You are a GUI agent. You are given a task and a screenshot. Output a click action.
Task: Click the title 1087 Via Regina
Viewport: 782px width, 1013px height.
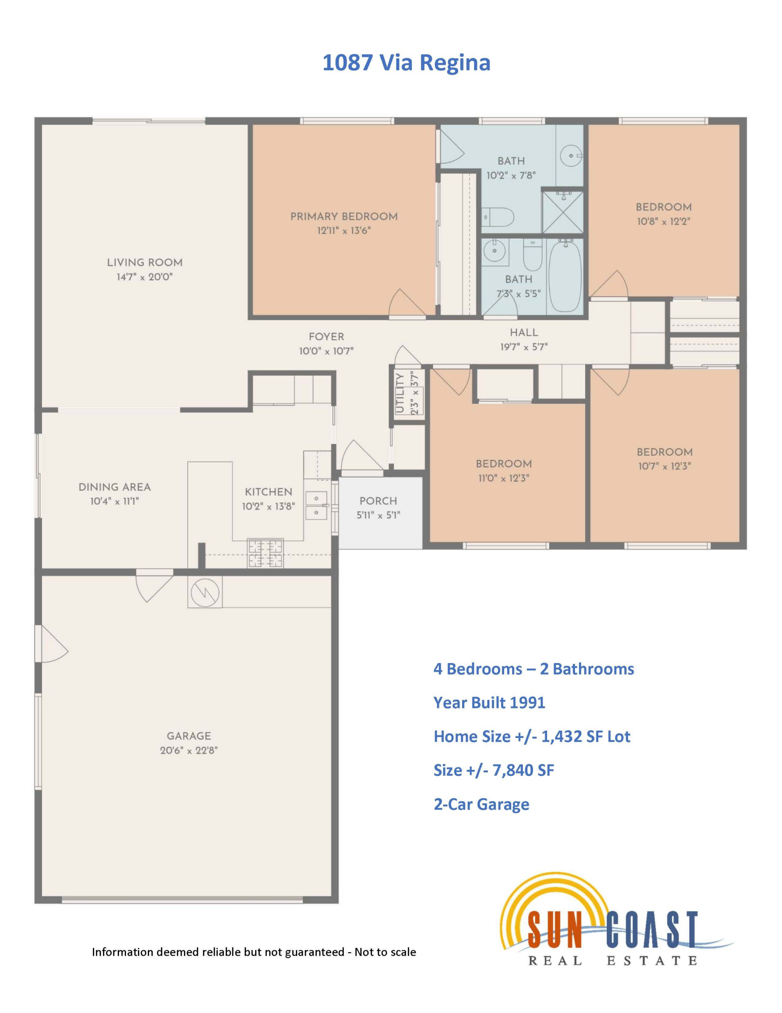coord(406,63)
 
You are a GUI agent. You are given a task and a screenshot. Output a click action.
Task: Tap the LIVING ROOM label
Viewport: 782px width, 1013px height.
coord(145,262)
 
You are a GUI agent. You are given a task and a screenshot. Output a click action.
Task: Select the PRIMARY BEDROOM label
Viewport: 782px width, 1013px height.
coord(344,216)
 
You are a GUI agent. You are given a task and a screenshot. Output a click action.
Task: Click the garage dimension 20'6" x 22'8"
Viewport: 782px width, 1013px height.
coord(189,750)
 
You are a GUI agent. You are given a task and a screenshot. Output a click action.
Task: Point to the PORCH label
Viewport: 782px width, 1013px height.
coord(378,501)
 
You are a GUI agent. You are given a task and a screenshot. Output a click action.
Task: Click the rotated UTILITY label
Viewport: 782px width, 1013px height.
coord(400,393)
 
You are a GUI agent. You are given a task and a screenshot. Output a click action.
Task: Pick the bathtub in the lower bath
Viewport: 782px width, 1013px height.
coord(565,276)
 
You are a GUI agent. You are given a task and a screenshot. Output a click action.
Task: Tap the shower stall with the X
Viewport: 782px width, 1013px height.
coord(563,212)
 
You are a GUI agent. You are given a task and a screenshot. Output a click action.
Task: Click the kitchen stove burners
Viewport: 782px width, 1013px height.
coord(265,553)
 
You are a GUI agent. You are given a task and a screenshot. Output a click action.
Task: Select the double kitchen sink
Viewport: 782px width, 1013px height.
coord(316,505)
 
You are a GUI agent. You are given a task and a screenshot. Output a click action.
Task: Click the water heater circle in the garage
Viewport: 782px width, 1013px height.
coord(205,592)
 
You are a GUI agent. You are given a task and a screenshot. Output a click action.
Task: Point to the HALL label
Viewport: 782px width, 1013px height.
coord(524,333)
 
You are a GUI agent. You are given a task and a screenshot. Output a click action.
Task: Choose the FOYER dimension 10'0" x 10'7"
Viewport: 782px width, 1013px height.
coord(326,351)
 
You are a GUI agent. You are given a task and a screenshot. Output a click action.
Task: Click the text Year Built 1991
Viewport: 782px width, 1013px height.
coord(489,703)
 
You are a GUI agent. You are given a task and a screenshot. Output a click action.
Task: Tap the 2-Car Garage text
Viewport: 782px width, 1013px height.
coord(481,804)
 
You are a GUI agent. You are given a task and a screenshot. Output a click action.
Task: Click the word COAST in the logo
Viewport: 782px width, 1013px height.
coord(653,929)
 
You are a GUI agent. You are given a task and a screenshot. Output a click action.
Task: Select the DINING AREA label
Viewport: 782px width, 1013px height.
coord(114,487)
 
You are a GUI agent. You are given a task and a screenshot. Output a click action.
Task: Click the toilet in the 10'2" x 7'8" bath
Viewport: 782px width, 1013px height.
coord(497,217)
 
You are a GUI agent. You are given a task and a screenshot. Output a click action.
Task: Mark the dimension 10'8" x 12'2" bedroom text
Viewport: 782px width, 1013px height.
coord(664,221)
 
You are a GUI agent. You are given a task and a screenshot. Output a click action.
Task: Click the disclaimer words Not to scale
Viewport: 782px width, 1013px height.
coord(385,952)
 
